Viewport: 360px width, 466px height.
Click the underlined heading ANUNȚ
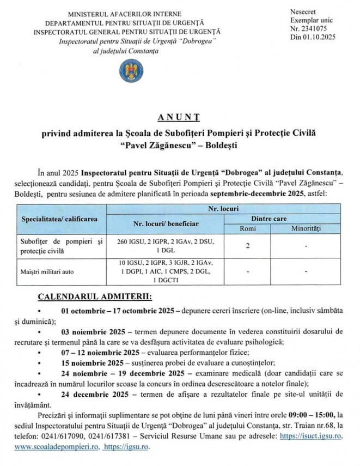pyautogui.click(x=180, y=117)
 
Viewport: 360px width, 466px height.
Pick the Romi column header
pyautogui.click(x=247, y=229)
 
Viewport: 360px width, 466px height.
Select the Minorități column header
pyautogui.click(x=306, y=229)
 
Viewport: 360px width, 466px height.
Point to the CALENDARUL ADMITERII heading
pyautogui.click(x=95, y=297)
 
